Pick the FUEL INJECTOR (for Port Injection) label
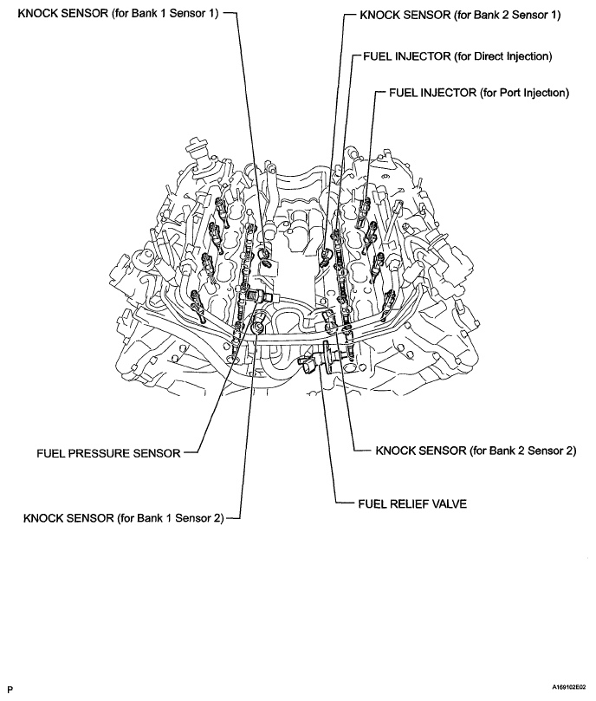[x=479, y=93]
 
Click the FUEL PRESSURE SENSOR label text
[x=108, y=452]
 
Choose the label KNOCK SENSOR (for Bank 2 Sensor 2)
[x=476, y=451]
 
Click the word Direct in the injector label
[x=488, y=56]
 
